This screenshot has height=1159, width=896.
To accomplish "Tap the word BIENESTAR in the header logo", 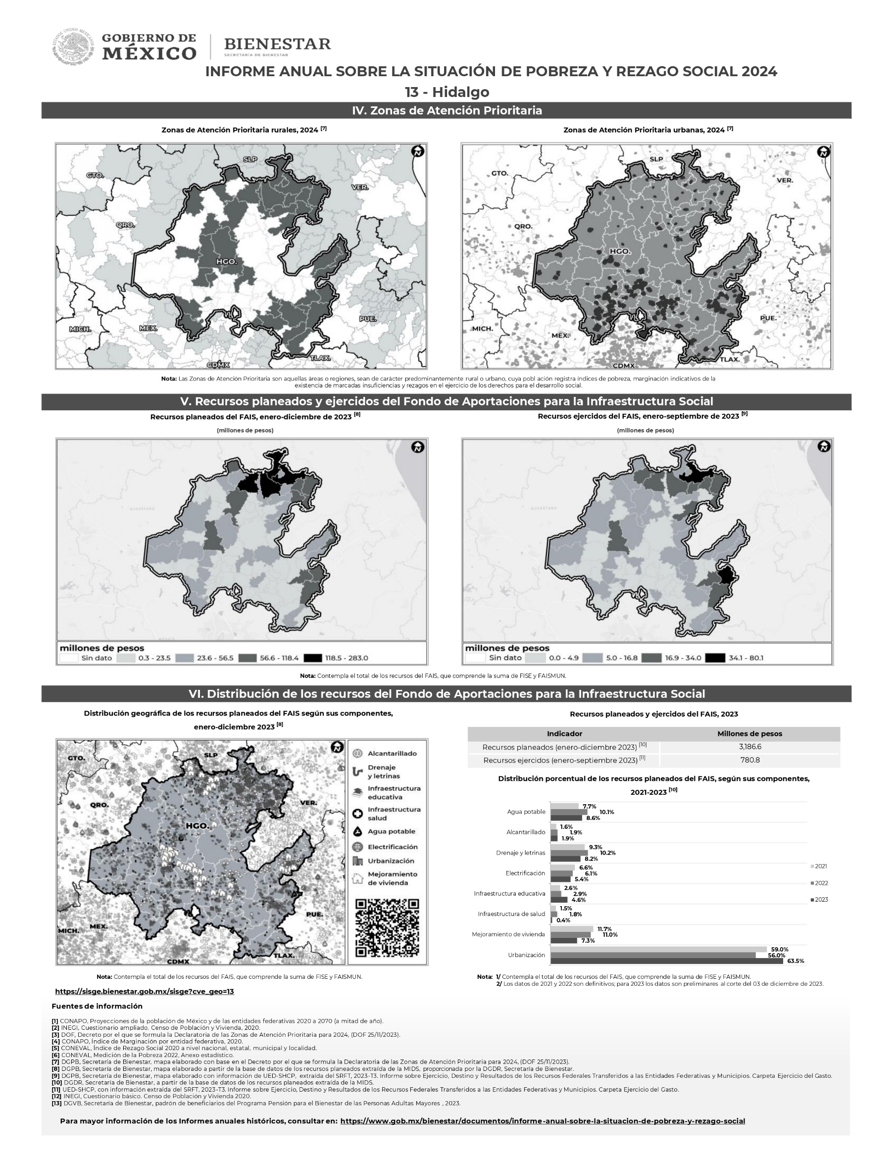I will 277,44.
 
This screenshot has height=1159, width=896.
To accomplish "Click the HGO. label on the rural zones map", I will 226,262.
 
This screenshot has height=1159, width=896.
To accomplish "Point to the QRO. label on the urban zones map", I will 523,226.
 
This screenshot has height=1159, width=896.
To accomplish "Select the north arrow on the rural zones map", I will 418,151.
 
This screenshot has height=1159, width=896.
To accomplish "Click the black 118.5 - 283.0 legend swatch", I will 313,658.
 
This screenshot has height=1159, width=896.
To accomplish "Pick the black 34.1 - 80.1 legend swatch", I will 715,658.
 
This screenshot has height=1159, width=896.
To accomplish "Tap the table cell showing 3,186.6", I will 749,747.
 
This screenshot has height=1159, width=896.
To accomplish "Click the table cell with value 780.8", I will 749,760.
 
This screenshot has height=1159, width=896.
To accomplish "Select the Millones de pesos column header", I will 749,734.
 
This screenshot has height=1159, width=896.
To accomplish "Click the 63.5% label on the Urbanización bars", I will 795,961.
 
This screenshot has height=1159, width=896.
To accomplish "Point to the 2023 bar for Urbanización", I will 666,961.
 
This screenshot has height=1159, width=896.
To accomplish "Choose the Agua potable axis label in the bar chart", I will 526,812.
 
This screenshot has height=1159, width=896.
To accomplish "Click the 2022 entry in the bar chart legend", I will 820,883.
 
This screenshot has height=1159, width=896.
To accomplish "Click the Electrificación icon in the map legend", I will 358,847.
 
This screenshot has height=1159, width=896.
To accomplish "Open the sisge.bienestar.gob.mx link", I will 145,991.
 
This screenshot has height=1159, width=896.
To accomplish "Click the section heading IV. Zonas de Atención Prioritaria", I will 447,110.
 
